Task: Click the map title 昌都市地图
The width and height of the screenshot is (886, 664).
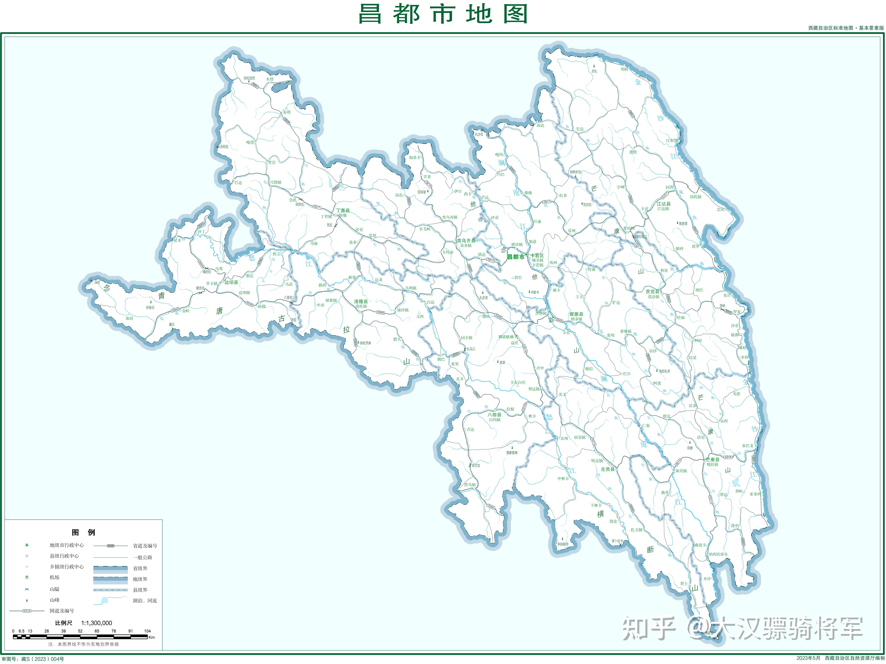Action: pos(443,14)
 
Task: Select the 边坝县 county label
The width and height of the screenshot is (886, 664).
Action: pos(231,282)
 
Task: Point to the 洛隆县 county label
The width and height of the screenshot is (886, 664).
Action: pos(360,301)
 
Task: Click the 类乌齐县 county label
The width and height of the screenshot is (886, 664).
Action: pos(466,241)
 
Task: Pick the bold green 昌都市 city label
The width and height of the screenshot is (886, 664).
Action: pos(515,257)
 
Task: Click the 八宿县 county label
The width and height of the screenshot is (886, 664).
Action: pos(494,415)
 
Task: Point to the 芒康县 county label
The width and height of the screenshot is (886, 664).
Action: pos(712,460)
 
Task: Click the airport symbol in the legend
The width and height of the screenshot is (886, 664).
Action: pos(27,577)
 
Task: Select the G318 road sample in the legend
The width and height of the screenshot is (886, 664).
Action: pos(27,611)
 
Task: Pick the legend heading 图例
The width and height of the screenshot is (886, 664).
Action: pos(83,532)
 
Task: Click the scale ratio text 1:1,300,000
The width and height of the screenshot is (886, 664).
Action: pos(97,623)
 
